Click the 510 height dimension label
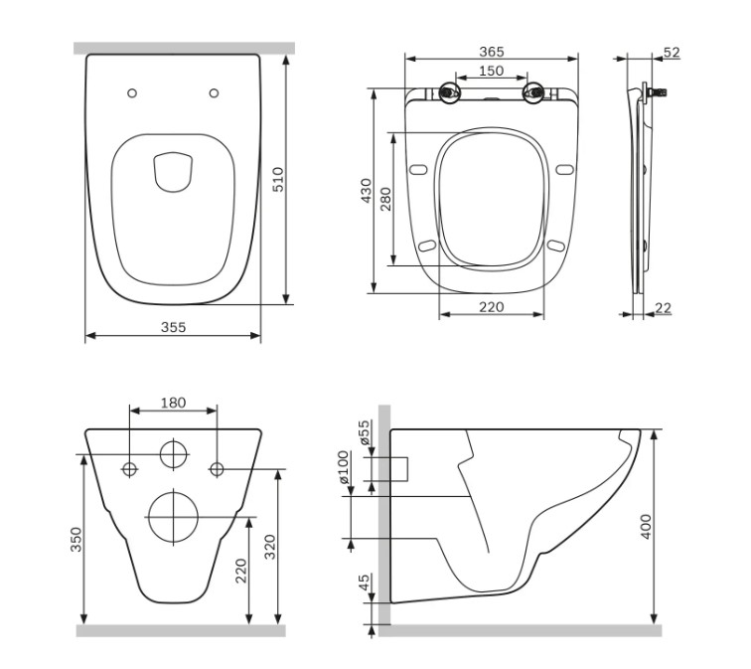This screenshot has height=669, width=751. tap(278, 179)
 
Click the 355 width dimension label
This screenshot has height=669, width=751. tap(173, 327)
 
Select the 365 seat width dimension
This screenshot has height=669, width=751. tap(492, 52)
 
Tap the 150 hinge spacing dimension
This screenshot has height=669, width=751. tap(492, 71)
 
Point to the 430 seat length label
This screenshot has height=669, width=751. tap(367, 191)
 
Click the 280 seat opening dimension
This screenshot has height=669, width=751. tap(385, 199)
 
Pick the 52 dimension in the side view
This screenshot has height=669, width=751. tap(672, 53)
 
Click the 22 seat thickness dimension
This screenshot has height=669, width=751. tap(663, 308)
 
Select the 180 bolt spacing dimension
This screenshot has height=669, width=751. tap(173, 403)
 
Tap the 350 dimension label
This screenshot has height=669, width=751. tap(76, 540)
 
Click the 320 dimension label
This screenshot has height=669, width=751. tap(270, 547)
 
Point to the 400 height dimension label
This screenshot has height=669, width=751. tap(646, 527)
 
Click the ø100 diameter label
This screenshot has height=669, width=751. tap(344, 467)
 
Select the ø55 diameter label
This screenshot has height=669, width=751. tap(365, 432)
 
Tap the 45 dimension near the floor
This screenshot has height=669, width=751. tap(365, 583)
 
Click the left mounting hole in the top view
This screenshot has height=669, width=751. tap(132, 93)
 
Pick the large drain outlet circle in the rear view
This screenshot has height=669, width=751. tap(174, 517)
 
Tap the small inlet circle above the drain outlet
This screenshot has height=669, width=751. tap(174, 454)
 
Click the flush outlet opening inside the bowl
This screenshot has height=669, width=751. tap(173, 172)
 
